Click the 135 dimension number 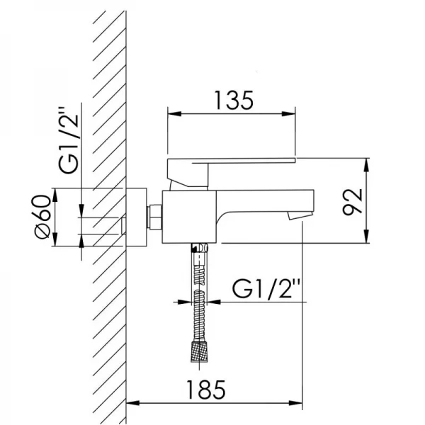234,101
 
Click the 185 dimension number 206,390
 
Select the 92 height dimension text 352,202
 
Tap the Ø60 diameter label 43,217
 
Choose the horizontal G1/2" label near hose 266,289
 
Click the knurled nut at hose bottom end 199,352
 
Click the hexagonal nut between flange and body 154,217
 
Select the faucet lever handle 231,172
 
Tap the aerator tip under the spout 297,216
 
